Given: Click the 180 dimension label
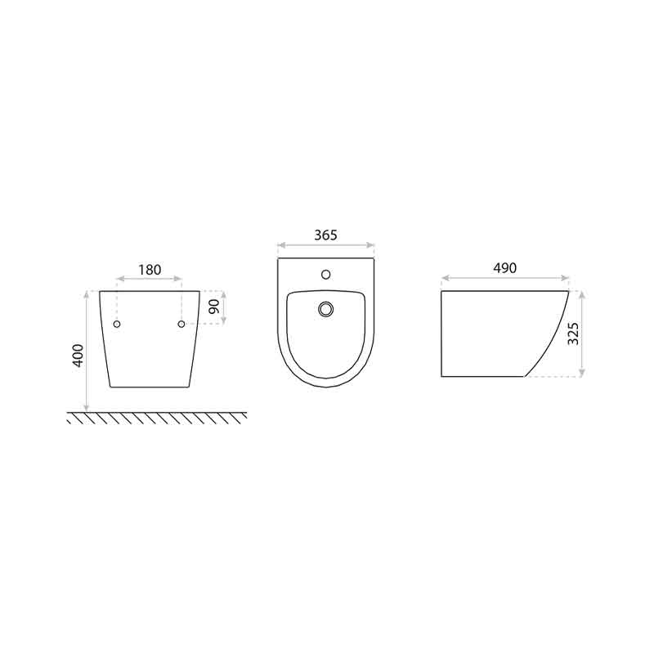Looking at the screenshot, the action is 150,270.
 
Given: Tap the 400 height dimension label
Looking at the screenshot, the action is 78,355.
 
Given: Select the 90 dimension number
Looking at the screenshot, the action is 214,307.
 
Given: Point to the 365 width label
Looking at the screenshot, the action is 325,235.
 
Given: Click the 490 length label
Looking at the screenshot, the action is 504,268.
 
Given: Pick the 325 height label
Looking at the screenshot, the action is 574,334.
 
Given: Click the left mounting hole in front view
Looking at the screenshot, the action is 117,324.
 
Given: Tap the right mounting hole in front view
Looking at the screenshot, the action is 181,324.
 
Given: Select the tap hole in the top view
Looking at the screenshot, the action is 325,274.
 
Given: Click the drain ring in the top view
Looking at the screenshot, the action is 325,304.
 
